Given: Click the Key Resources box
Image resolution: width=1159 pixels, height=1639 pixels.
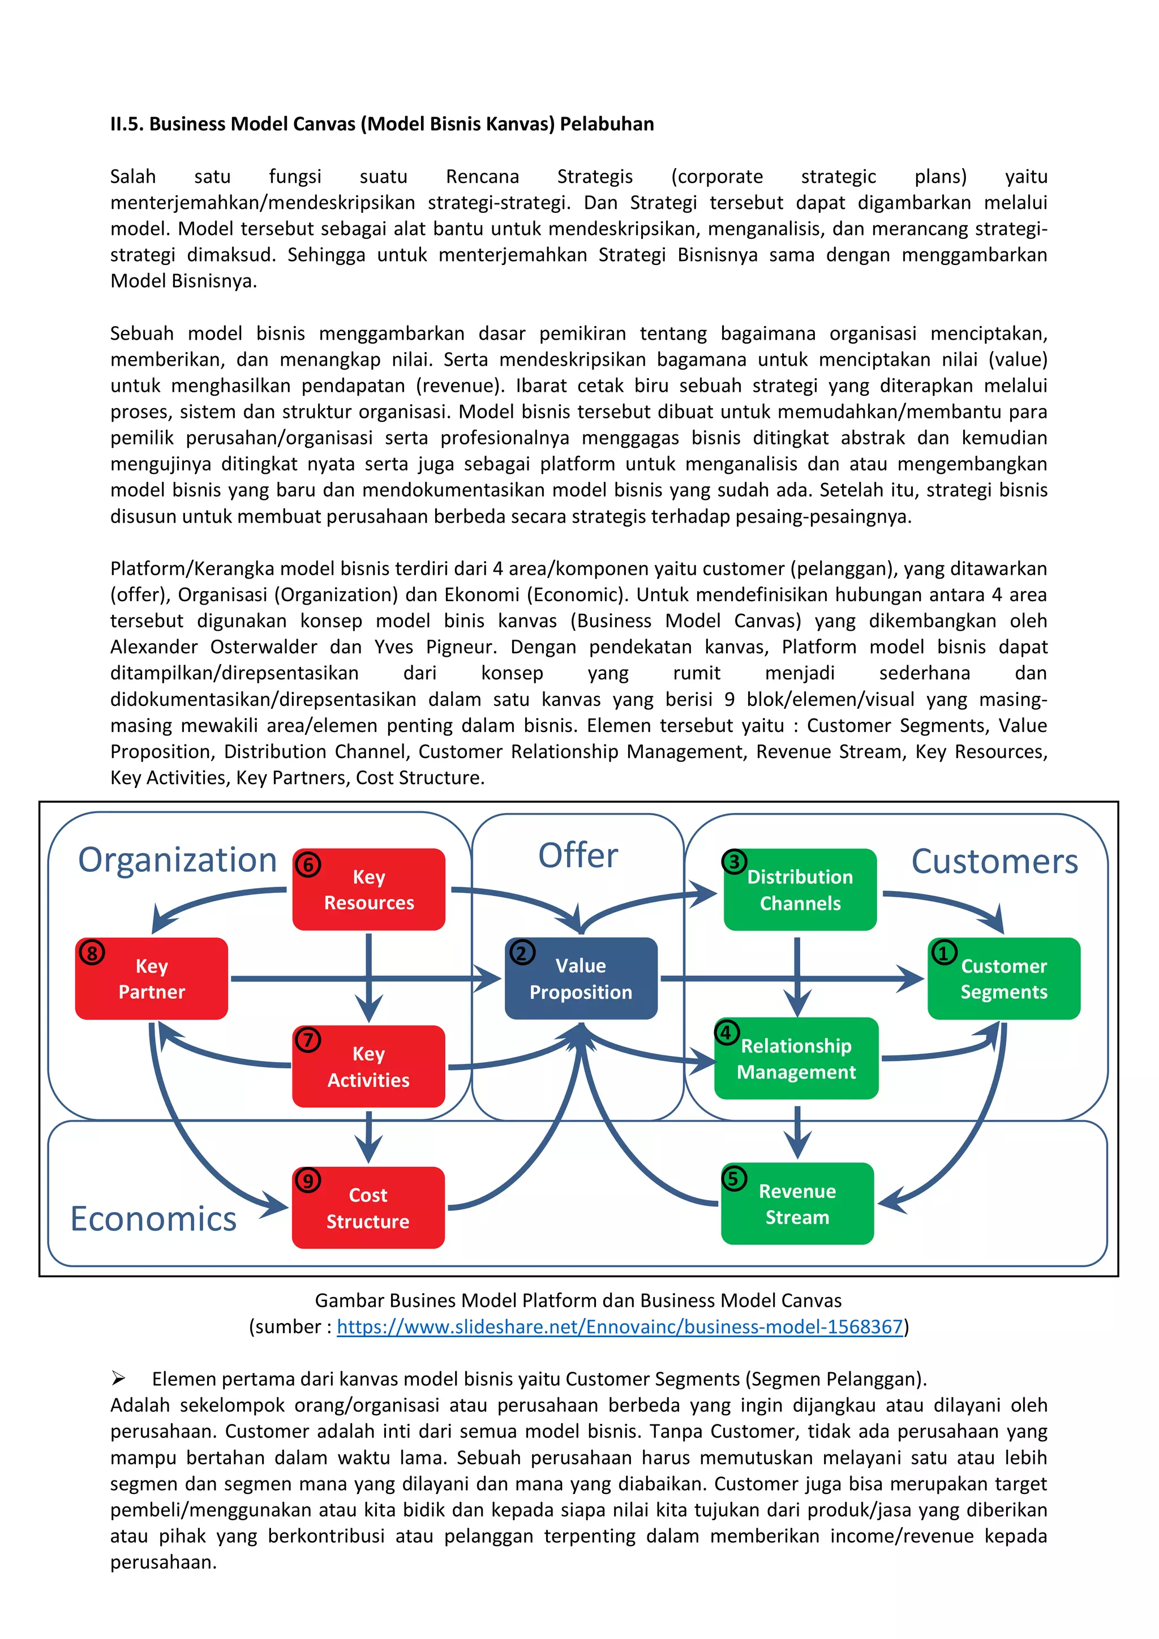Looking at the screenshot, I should click(369, 889).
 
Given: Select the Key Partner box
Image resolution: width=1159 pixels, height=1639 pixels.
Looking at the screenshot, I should click(151, 979).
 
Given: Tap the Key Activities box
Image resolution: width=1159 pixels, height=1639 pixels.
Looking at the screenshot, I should click(368, 1067).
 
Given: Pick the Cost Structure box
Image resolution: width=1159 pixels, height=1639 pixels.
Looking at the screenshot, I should click(368, 1208).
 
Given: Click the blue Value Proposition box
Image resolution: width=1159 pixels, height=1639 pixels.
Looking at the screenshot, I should click(581, 979).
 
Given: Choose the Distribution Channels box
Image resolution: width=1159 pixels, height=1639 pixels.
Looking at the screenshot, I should click(800, 890).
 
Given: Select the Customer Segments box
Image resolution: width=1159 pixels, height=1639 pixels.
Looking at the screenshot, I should click(1003, 979).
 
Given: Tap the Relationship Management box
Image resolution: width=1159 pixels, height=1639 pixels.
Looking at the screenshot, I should click(796, 1059).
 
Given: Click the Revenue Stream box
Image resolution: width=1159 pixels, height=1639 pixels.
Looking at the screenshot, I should click(797, 1204).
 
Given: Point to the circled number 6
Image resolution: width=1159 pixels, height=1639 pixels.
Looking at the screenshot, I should click(308, 865).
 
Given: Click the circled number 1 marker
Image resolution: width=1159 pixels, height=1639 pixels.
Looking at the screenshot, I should click(943, 953).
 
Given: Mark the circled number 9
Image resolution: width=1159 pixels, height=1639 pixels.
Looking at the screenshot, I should click(308, 1181).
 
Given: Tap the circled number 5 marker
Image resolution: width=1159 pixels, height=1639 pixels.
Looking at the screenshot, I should click(733, 1178).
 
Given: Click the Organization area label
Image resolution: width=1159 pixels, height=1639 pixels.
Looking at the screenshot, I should click(177, 859).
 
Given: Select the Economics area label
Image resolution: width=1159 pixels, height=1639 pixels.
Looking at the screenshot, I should click(153, 1218).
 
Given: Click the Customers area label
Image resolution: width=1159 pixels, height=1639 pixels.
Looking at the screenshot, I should click(994, 861).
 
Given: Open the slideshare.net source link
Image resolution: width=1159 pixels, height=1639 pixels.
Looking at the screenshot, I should click(620, 1326).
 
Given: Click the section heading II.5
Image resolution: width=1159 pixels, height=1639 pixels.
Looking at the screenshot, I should click(382, 124).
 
